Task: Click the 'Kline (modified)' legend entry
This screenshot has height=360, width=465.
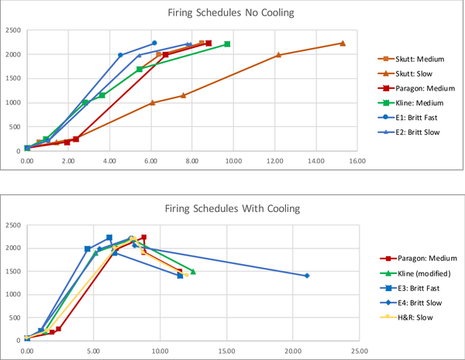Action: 422,273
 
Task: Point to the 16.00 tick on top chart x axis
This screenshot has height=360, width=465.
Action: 356,161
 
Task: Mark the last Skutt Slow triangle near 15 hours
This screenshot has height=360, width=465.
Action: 343,43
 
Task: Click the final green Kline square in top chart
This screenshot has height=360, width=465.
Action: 227,44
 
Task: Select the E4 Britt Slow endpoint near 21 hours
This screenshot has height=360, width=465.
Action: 307,276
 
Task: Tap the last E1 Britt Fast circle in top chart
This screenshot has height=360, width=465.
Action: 154,43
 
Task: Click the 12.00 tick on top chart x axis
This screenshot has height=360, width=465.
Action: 274,161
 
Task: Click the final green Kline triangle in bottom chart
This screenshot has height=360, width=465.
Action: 192,271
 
